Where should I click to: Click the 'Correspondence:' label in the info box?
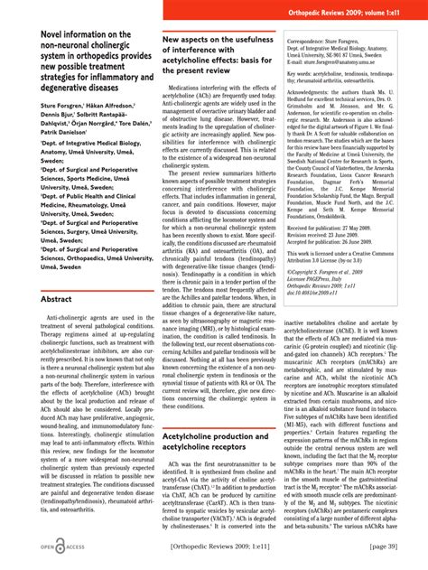[312, 42]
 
